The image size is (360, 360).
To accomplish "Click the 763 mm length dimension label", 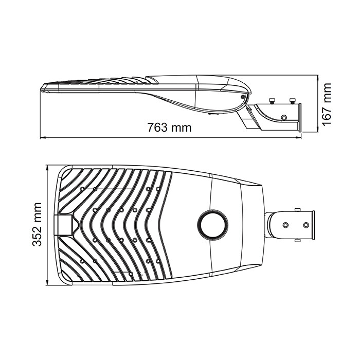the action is (169, 128).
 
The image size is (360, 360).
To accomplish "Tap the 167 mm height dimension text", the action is (327, 104).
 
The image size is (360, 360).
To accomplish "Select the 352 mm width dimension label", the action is (37, 224).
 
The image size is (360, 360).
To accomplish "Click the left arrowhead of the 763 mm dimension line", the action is (43, 138).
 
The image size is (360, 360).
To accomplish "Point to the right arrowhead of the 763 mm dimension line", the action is (298, 138).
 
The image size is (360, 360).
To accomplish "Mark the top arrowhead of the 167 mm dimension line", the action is (317, 78).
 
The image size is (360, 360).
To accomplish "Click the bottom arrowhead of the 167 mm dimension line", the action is (317, 129).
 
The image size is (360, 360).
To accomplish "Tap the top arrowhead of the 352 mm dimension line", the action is (47, 168).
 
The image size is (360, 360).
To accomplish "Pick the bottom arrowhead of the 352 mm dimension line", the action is (47, 282).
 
